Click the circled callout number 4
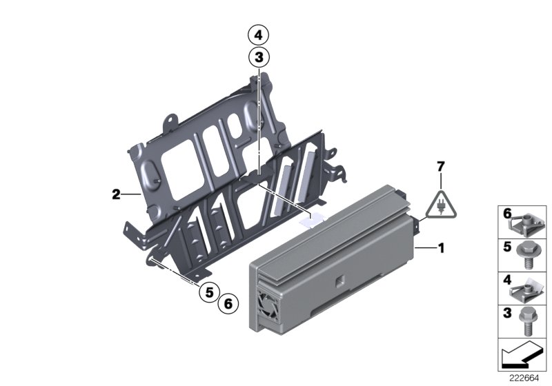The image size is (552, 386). [257, 34]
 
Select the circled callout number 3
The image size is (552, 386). [257, 57]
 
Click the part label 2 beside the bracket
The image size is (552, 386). [116, 195]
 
